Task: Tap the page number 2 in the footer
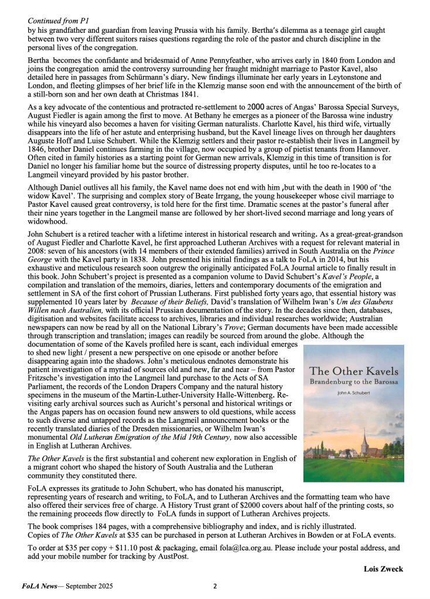tap(215, 586)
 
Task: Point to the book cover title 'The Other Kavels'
tap(353, 371)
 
